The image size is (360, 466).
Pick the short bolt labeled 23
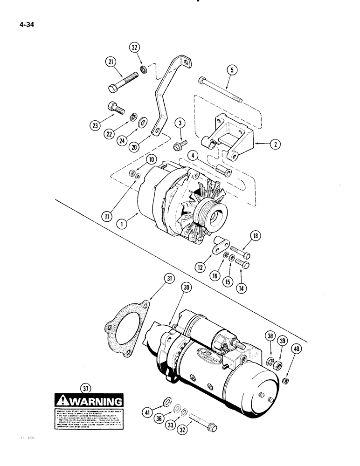pyautogui.click(x=116, y=109)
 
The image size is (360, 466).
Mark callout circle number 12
pyautogui.click(x=201, y=267)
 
